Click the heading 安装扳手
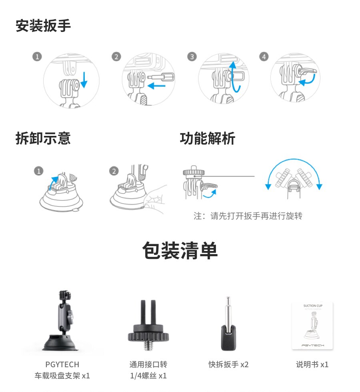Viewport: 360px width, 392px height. pos(43,26)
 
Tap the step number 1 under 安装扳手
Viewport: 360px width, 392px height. pos(37,57)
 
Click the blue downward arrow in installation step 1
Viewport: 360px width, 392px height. pos(84,80)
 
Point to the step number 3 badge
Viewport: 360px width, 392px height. pos(192,57)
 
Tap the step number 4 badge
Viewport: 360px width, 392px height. pos(264,57)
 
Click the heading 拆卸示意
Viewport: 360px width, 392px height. pos(43,138)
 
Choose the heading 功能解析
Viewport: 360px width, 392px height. pos(207,138)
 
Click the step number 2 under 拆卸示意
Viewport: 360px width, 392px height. pos(114,171)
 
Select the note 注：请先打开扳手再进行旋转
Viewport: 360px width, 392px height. pos(248,216)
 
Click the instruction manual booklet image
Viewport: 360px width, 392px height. pos(312,326)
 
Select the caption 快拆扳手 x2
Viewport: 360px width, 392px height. pos(228,364)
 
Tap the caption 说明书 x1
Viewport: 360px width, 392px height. pos(312,364)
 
